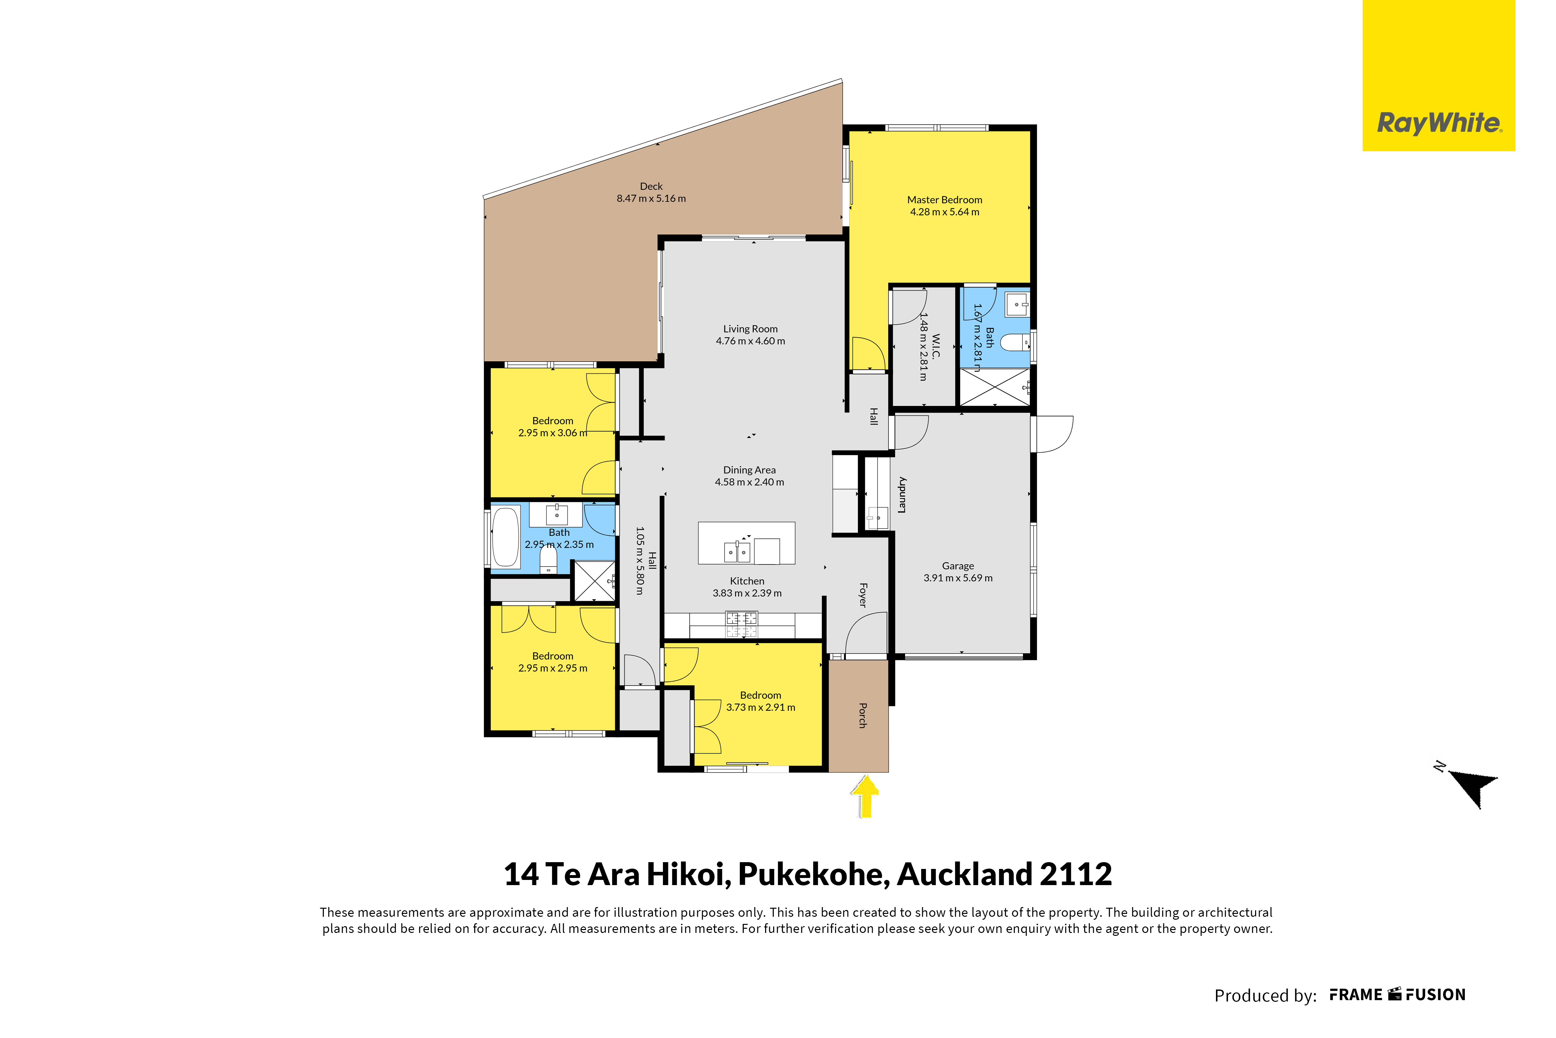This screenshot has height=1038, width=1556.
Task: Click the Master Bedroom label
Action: tap(944, 200)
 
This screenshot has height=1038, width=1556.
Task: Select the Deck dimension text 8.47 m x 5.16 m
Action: tap(651, 198)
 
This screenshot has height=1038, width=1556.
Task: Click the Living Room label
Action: tap(750, 329)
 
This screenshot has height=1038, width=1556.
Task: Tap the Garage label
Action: tap(958, 566)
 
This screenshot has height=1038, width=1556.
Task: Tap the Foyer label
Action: tap(862, 595)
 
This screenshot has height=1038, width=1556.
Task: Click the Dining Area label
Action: tap(749, 470)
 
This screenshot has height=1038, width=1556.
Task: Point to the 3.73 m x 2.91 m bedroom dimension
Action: tap(761, 708)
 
